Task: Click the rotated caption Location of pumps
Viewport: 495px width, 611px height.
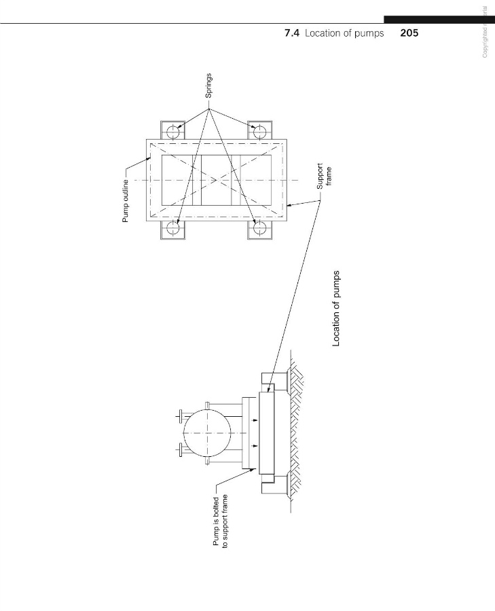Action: click(x=335, y=309)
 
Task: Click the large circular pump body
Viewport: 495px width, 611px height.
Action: click(x=206, y=431)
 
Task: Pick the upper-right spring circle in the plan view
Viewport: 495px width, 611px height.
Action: click(x=258, y=129)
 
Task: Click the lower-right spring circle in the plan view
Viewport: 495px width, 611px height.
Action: click(x=258, y=229)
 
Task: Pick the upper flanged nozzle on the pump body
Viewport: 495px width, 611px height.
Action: click(x=181, y=414)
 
